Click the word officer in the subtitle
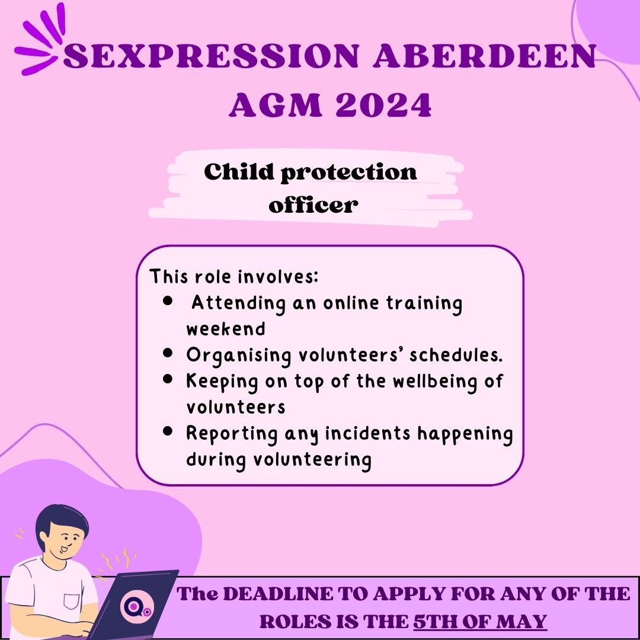pos(313,205)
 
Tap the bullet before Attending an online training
pos(168,302)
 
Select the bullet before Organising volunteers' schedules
pos(168,353)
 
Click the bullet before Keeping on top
pos(168,379)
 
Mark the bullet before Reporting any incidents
pos(168,431)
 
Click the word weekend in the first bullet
pos(225,329)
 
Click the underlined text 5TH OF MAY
pos(480,622)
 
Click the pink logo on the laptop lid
pos(131,607)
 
